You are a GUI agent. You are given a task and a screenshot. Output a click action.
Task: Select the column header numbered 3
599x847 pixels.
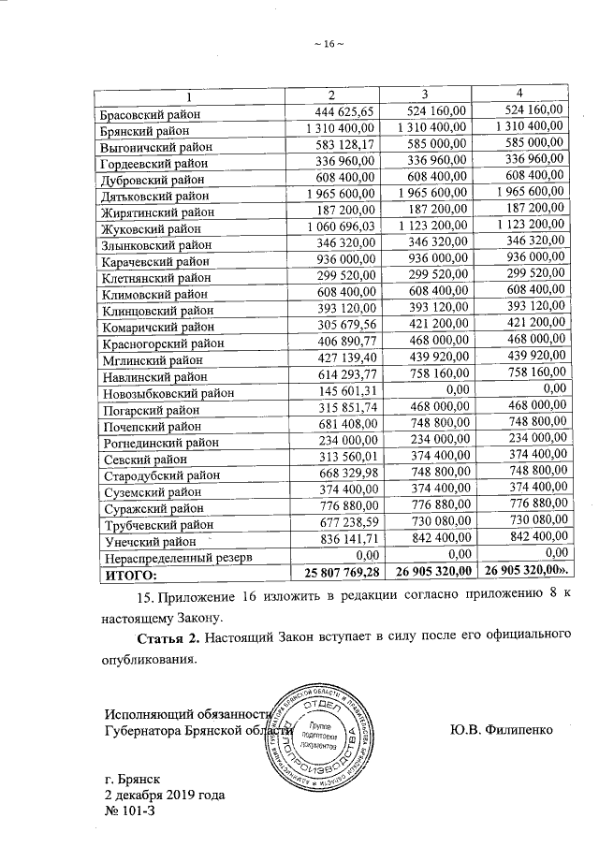pyautogui.click(x=424, y=94)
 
